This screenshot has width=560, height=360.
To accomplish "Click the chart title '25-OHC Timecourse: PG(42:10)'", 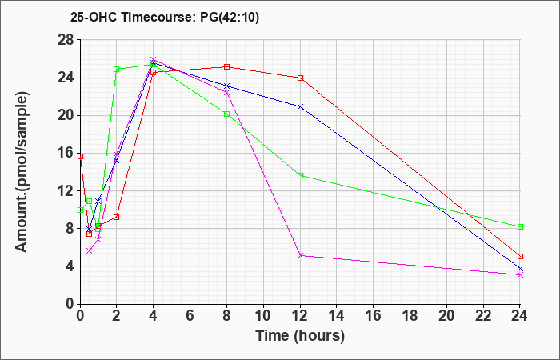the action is tap(165, 17).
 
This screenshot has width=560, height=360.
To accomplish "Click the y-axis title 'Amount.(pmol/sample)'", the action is tap(22, 172).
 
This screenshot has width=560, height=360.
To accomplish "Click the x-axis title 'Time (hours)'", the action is tap(300, 336).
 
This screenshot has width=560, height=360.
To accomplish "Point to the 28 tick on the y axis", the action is tap(66, 40).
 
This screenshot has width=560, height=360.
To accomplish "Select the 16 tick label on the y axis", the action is tap(66, 154).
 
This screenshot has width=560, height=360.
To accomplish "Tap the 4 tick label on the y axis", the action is tap(70, 266).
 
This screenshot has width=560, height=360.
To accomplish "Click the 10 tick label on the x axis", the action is tap(263, 316).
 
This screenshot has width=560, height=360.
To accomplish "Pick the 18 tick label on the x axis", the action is tap(410, 316).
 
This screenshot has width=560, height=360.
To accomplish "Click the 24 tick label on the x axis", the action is tap(520, 316).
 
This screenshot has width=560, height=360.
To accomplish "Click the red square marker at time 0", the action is tap(80, 157).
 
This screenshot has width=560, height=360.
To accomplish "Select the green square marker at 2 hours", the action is tap(117, 70).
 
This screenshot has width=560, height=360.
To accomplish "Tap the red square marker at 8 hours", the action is tap(226, 66).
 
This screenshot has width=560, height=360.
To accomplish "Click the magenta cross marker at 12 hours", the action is tap(300, 256).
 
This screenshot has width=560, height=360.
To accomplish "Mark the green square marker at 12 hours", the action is tap(300, 176).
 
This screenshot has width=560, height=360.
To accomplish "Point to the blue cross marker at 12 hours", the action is tap(300, 106).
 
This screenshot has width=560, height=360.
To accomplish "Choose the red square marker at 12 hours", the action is tap(300, 78).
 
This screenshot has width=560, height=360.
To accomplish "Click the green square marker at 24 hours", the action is tap(520, 226).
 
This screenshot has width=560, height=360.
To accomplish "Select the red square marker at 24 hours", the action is tap(520, 257).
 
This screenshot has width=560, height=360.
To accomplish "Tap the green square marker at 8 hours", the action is tap(226, 114).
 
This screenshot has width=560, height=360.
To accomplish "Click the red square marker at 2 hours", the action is tap(117, 217).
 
